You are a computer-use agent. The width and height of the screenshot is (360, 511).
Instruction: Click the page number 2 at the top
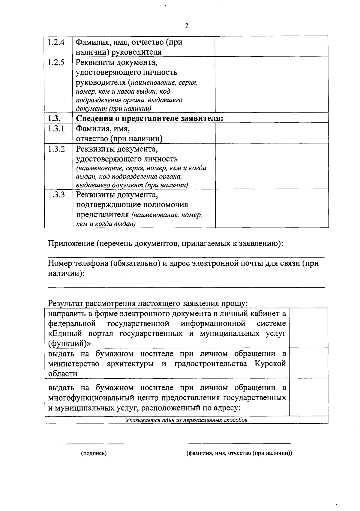coord(187,26)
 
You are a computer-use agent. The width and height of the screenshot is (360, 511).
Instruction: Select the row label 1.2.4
coord(56,42)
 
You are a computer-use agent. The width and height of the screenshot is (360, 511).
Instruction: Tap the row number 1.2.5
coord(56,63)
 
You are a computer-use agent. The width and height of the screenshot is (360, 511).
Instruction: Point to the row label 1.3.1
coord(56,129)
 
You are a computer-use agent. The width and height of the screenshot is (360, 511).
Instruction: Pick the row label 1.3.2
coord(56,149)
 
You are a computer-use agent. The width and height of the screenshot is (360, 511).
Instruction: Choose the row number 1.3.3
coord(56,195)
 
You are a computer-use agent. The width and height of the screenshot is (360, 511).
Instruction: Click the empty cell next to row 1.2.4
coord(271,47)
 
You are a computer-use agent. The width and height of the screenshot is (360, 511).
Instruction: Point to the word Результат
coord(66,303)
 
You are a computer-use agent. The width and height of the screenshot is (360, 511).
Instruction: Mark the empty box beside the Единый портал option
coord(308,328)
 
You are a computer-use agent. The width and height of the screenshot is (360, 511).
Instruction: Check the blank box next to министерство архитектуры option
coord(308,363)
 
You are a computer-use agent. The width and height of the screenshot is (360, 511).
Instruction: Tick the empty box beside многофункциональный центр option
coord(308,397)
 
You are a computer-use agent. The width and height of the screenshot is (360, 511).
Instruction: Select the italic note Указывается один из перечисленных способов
coord(186,420)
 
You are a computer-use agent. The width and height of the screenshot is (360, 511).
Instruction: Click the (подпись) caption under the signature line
coord(94,453)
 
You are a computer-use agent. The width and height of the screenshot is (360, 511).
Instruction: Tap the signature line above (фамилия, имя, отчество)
coord(239,443)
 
